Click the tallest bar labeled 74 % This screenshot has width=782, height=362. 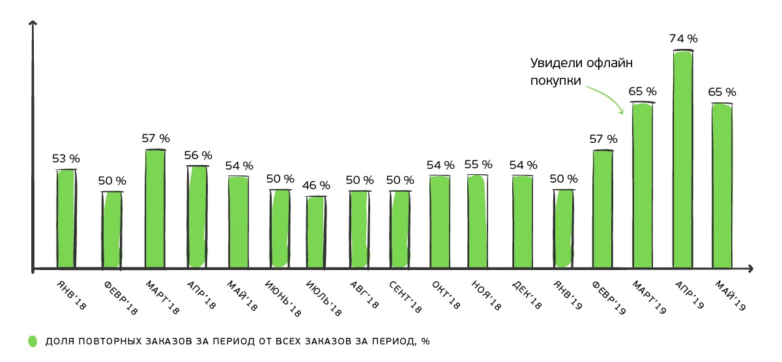(x=683, y=160)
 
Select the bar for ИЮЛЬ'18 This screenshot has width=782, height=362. (x=315, y=232)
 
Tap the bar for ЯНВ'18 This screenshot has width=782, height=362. (x=66, y=219)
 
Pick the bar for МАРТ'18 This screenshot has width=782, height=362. (x=154, y=209)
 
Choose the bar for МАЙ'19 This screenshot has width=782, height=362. (x=722, y=186)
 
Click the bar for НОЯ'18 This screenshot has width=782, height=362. (x=477, y=221)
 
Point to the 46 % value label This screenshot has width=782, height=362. (x=316, y=186)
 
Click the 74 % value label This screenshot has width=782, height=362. (x=683, y=38)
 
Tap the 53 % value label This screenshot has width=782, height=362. (x=66, y=158)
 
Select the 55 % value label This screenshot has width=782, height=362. (x=478, y=165)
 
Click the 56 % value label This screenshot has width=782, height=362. (x=198, y=155)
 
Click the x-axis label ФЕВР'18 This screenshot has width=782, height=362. (x=121, y=299)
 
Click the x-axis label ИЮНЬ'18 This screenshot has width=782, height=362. (x=283, y=299)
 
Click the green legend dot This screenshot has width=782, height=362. (x=33, y=341)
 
